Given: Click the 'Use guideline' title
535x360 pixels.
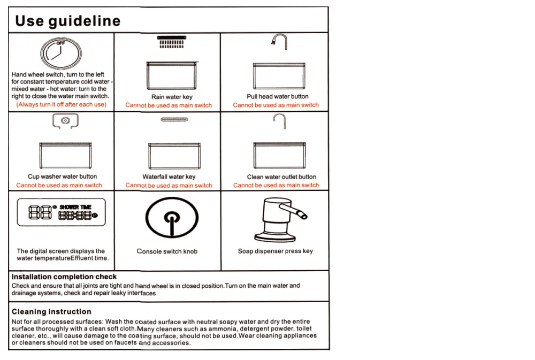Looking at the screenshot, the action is (67, 21).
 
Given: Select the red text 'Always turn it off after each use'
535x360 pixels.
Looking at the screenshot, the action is (62, 104).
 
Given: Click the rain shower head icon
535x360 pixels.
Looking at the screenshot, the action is (172, 42).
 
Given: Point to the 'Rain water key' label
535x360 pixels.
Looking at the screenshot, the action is (172, 97).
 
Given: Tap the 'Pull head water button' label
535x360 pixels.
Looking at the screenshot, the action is (278, 96).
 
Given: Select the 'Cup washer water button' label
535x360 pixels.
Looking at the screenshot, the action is (62, 177).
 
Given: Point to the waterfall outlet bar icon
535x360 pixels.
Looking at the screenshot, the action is (172, 120).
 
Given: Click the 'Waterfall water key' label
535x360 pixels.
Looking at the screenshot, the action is (169, 177).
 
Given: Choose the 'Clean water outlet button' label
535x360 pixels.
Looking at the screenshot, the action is (281, 177).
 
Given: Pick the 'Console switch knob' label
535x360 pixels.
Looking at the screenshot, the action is (167, 251).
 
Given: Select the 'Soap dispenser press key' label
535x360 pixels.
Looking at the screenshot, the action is (275, 251).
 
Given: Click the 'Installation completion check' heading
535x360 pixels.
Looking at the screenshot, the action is (64, 277).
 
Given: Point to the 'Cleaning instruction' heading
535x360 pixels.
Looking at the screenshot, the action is (51, 311).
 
